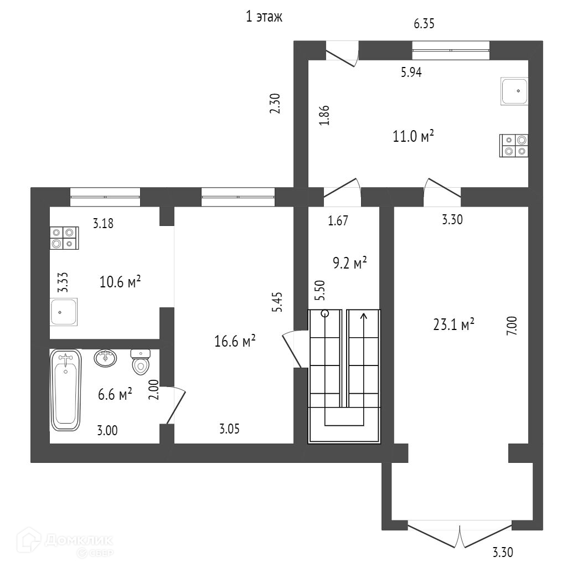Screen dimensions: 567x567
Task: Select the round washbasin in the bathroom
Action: [106, 358]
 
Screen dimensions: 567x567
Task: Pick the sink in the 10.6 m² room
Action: [64, 312]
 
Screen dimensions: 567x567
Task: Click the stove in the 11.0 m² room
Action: [514, 145]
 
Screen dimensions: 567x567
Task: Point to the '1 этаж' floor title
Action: [264, 17]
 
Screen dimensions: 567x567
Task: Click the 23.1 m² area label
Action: [453, 324]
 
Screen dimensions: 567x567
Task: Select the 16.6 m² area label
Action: [234, 342]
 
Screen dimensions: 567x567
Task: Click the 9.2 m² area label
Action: [349, 263]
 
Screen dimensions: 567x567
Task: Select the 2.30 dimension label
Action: [275, 104]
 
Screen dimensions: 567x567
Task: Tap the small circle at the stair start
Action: [325, 313]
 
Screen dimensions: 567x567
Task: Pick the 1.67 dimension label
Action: [338, 221]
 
